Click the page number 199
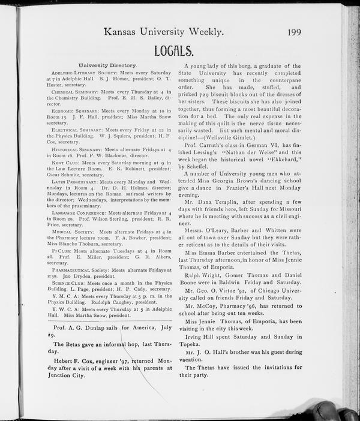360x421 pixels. tap(294, 32)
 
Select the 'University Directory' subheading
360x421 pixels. tap(108, 64)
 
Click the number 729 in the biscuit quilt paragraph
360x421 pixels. tap(220, 96)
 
